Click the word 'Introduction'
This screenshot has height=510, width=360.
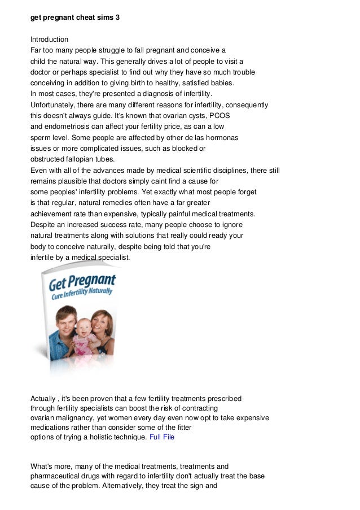(49, 40)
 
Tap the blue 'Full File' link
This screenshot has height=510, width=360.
(162, 437)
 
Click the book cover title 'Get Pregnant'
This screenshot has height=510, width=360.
(82, 281)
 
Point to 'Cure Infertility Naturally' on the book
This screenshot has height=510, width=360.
(84, 293)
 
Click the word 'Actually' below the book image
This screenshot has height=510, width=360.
(43, 399)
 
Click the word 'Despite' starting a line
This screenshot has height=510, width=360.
(41, 225)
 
